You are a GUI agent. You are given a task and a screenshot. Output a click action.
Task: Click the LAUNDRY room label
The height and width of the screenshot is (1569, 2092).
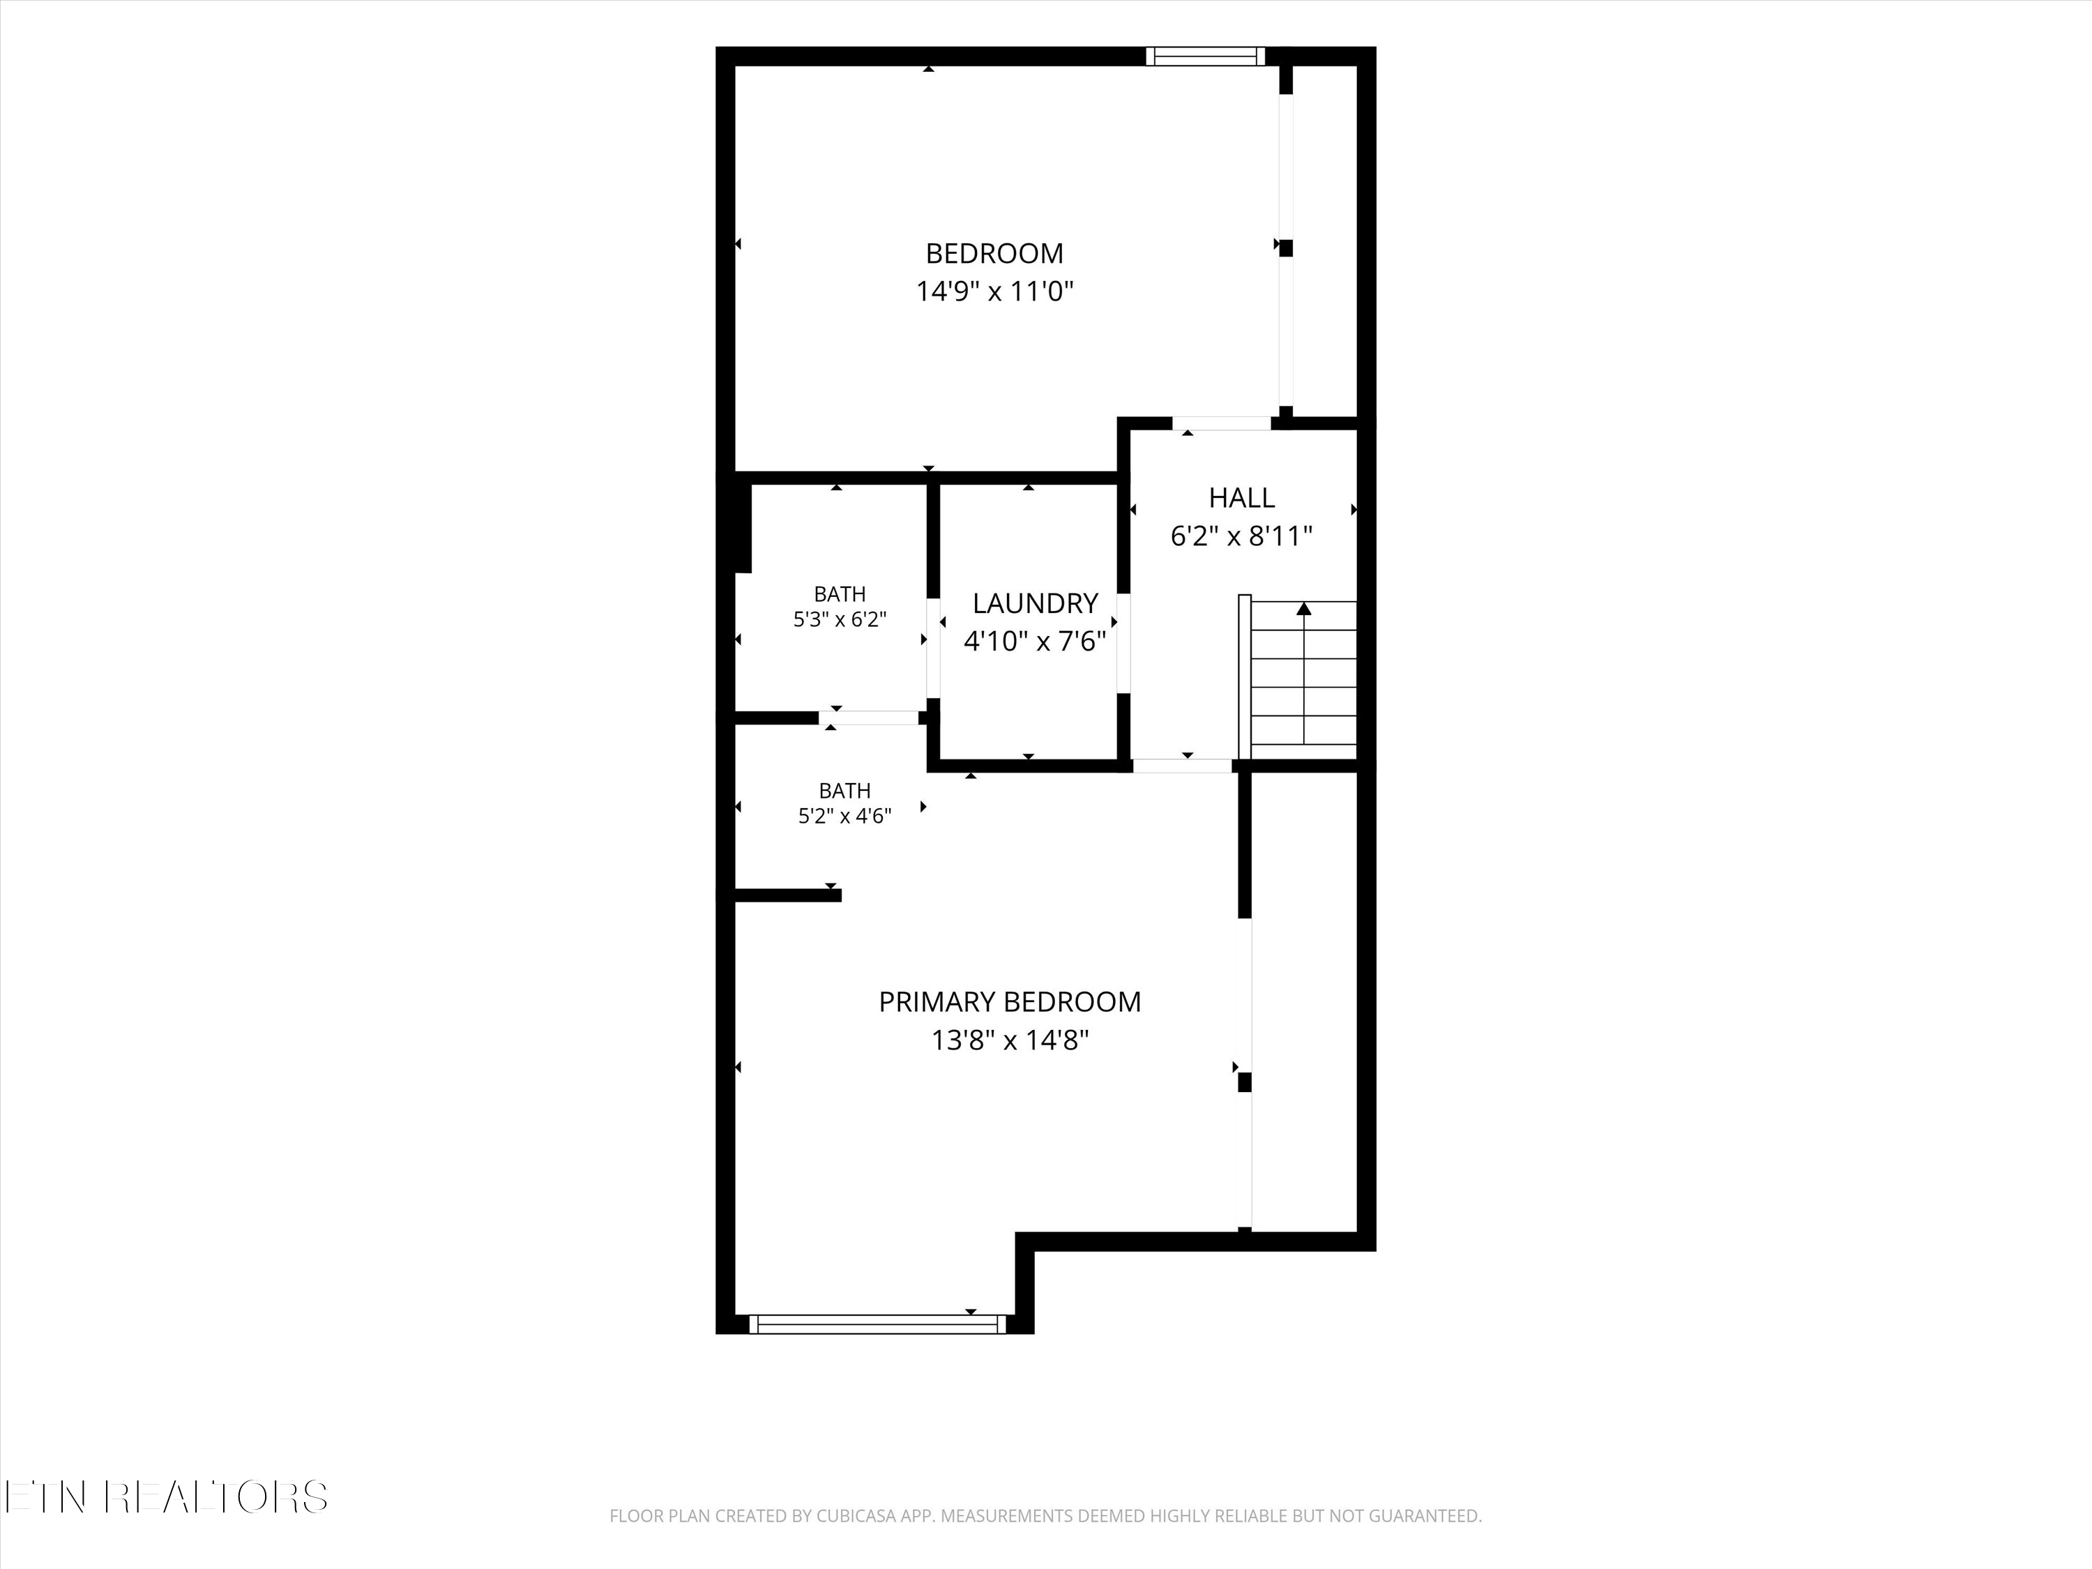coord(1035,603)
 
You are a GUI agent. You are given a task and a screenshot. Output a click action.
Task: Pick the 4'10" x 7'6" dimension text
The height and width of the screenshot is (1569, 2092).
coord(1035,642)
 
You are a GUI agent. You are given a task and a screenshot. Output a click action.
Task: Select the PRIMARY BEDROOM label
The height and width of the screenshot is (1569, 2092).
coord(1010,1001)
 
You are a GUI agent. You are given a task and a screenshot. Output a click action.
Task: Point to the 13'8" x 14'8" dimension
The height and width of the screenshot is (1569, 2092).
coord(1010,1040)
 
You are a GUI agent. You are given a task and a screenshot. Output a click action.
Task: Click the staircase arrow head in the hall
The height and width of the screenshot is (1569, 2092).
coord(1304,608)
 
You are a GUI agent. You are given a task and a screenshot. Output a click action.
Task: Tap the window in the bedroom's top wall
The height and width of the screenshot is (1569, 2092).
coord(1205,56)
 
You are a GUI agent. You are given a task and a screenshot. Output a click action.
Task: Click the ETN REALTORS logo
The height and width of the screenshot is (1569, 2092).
coord(167,1497)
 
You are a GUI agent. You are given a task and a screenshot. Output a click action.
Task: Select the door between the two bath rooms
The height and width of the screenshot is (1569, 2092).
coord(869,718)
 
